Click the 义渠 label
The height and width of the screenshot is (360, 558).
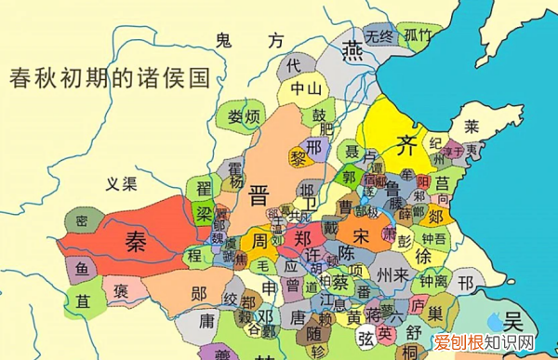click(122, 182)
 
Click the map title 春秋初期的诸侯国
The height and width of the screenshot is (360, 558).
click(106, 76)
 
